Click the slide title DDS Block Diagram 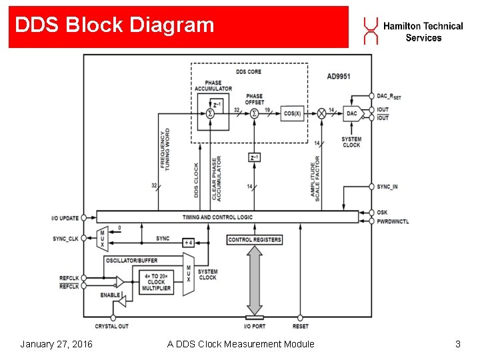pyautogui.click(x=115, y=25)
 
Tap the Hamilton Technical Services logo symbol pyautogui.click(x=370, y=31)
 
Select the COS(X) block pyautogui.click(x=293, y=113)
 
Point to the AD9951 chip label pyautogui.click(x=339, y=77)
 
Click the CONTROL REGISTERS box pyautogui.click(x=255, y=239)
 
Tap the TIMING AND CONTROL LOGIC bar pyautogui.click(x=227, y=217)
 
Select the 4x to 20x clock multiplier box pyautogui.click(x=157, y=282)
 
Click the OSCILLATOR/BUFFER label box pyautogui.click(x=132, y=261)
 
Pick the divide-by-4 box pyautogui.click(x=189, y=243)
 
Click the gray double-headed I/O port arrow pyautogui.click(x=255, y=280)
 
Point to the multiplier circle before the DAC pyautogui.click(x=321, y=114)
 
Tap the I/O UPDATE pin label pyautogui.click(x=65, y=219)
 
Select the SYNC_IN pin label pyautogui.click(x=387, y=187)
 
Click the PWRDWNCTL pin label pyautogui.click(x=393, y=221)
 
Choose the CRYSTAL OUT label pyautogui.click(x=111, y=326)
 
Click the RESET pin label pyautogui.click(x=300, y=326)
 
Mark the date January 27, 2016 pyautogui.click(x=56, y=344)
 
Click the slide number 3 pyautogui.click(x=457, y=344)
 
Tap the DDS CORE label pyautogui.click(x=249, y=71)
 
